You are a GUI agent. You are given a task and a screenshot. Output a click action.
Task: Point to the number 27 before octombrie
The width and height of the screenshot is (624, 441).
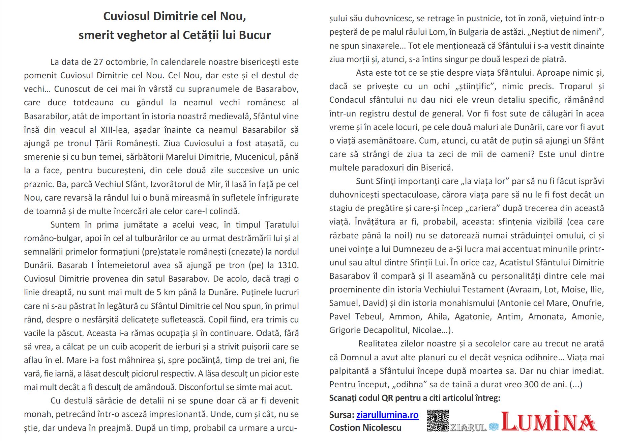click(98, 62)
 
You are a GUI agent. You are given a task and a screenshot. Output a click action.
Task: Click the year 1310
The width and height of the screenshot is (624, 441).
click(288, 265)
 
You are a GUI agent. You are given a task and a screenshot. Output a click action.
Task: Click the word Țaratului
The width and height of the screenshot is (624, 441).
click(282, 225)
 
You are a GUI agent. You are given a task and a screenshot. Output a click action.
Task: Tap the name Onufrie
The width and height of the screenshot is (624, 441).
click(588, 303)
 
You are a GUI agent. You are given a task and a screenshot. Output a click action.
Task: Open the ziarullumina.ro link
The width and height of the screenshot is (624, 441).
click(387, 415)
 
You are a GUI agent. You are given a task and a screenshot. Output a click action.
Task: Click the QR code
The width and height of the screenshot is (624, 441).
click(438, 420)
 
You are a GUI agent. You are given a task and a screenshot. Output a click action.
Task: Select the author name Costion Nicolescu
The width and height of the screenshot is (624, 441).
click(365, 428)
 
